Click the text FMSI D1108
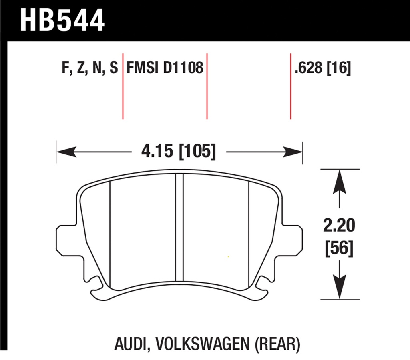coord(165,68)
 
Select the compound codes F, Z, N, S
coord(90,68)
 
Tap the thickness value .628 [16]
coord(323,68)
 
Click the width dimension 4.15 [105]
coord(179,152)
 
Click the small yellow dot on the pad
coord(228,257)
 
